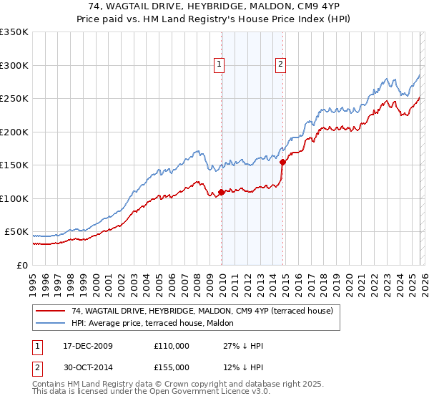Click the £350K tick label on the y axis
click(14, 32)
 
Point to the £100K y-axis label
click(14, 198)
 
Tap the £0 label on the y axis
click(21, 265)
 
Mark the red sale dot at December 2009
click(221, 192)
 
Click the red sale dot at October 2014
click(282, 162)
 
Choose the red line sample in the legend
click(51, 311)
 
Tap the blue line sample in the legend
click(51, 323)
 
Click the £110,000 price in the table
click(172, 346)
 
